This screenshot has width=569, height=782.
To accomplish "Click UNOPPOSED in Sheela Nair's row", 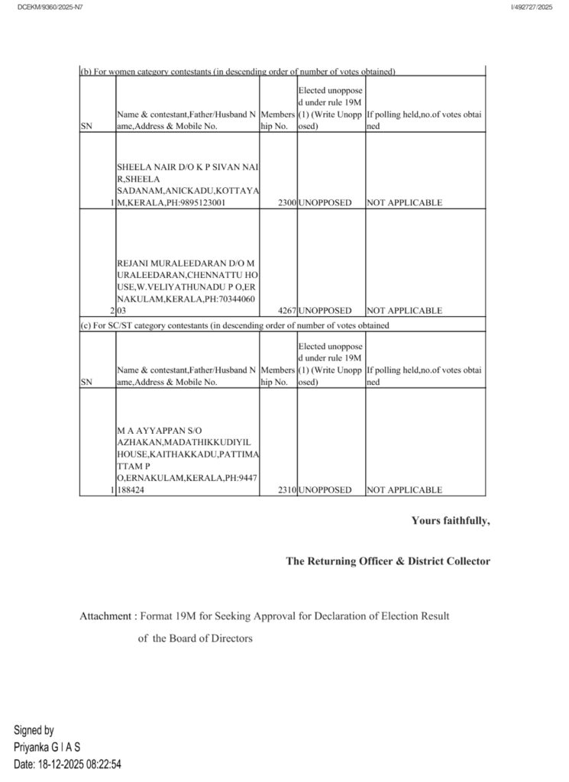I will click(x=325, y=203).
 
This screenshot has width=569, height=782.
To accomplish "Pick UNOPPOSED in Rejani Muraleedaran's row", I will click(x=325, y=311).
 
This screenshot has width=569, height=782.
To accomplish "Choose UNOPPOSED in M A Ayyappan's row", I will click(x=325, y=490).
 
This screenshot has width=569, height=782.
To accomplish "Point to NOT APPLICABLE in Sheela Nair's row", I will click(x=404, y=203).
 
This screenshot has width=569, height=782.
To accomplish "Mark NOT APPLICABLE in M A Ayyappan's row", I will click(x=404, y=490).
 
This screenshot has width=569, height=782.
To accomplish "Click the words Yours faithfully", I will click(x=451, y=521).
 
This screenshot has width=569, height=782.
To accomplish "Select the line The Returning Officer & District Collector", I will click(x=388, y=561).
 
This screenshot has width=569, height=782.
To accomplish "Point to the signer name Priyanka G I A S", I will click(x=47, y=746).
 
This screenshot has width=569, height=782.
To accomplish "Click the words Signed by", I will click(x=34, y=730).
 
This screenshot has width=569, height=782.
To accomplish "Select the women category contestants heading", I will click(x=238, y=72).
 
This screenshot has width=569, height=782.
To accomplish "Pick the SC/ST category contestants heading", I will click(x=234, y=325).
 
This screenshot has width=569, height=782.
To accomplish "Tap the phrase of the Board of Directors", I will click(x=195, y=638).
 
